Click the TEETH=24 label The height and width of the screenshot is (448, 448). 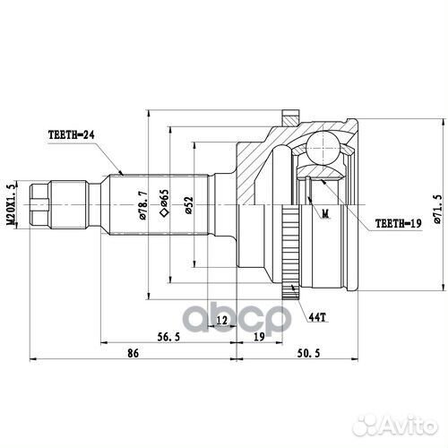[72, 135]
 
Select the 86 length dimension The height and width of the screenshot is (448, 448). [133, 355]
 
